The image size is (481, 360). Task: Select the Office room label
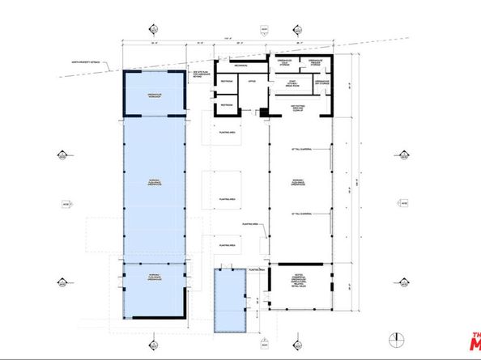(251, 81)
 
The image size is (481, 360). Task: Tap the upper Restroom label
(227, 82)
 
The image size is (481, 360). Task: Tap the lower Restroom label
(227, 105)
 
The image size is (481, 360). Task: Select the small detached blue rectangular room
(229, 300)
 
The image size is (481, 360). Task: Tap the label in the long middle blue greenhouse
(153, 181)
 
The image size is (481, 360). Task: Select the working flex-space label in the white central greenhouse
(299, 181)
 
